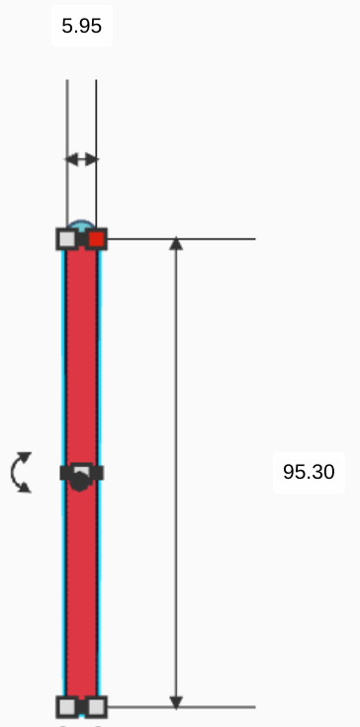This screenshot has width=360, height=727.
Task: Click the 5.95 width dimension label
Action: click(x=81, y=26)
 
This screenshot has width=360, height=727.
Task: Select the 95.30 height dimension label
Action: click(x=309, y=472)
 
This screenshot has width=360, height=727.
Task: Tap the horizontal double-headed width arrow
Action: click(x=81, y=160)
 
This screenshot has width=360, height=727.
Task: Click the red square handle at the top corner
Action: click(x=96, y=239)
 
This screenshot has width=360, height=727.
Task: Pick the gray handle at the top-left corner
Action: click(x=67, y=239)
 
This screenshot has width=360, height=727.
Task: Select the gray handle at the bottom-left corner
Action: click(x=67, y=707)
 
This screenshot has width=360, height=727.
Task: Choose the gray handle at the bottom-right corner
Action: click(x=96, y=707)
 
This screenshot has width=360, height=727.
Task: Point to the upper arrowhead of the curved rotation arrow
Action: click(x=25, y=457)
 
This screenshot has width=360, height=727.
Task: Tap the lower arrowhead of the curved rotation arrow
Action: click(x=25, y=487)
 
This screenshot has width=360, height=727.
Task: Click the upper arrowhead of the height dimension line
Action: click(x=176, y=243)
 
